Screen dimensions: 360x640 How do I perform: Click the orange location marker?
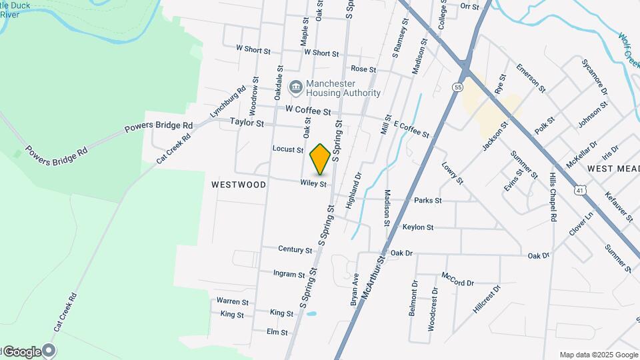tap(321, 159)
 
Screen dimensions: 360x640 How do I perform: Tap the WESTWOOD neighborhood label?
tap(239, 184)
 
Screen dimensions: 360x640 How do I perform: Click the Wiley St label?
tap(313, 183)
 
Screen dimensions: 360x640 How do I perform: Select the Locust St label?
tap(288, 149)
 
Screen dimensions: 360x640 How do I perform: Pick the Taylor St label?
tap(247, 123)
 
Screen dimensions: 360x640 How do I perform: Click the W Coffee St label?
tap(308, 111)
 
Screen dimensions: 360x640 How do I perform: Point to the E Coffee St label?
tap(411, 129)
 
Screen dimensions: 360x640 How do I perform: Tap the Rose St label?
tap(363, 69)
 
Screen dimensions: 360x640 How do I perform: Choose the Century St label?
tap(295, 250)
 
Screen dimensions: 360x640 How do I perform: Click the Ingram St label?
tap(289, 274)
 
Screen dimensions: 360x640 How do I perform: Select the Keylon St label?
tap(418, 227)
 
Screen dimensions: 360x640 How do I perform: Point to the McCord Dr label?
tap(457, 279)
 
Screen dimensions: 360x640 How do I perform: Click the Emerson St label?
tap(531, 78)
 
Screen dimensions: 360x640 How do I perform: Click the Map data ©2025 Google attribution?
tap(599, 355)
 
